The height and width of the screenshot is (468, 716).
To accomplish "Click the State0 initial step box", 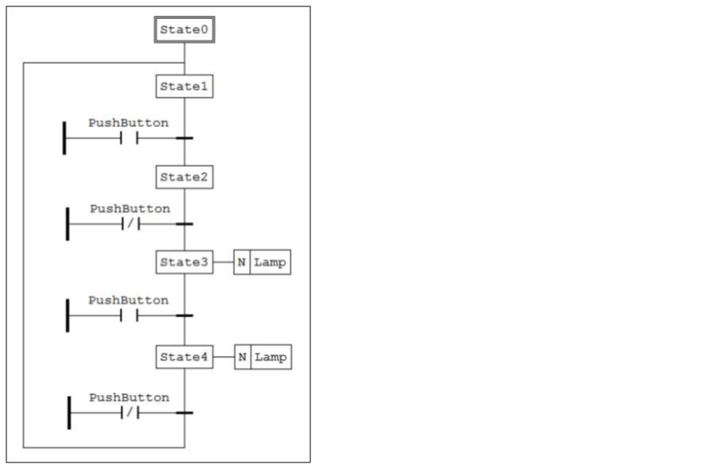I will (x=184, y=30).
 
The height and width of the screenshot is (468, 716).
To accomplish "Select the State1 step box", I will (x=184, y=87).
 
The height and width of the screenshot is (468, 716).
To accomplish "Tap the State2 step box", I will (x=184, y=177).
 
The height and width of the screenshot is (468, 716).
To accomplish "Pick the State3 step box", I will (x=184, y=262).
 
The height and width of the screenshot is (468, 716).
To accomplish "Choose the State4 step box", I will (x=184, y=358).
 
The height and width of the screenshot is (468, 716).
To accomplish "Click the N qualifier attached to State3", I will (x=241, y=262).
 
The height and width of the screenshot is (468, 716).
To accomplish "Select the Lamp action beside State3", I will (x=270, y=262).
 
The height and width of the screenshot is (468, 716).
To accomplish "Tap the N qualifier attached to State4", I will (x=242, y=358).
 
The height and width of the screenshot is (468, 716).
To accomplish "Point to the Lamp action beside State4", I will (x=270, y=358).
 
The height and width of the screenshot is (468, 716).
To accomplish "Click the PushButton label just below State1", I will (x=128, y=123).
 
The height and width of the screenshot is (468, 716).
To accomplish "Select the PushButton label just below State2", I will (x=130, y=208).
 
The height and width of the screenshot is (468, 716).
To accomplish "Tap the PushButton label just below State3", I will (x=128, y=300).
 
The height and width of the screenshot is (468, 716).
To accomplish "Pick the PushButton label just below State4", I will (x=129, y=396).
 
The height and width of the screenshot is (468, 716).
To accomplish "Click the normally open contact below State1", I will (x=129, y=138).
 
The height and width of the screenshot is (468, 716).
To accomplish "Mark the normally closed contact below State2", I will (x=130, y=224).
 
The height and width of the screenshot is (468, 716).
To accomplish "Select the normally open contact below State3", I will (x=129, y=315).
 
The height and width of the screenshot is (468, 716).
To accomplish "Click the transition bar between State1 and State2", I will (x=184, y=138).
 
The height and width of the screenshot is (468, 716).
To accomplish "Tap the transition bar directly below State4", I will (x=184, y=412).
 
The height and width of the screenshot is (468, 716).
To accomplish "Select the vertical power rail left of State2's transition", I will (x=68, y=224).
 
